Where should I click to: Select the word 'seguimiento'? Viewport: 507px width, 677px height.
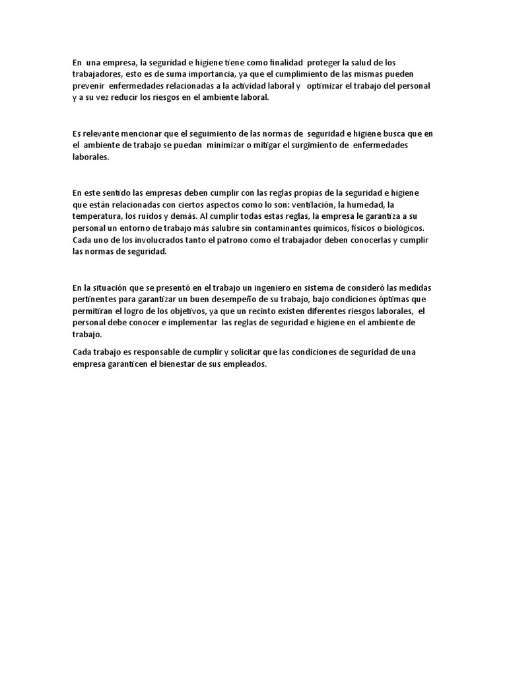tap(222, 134)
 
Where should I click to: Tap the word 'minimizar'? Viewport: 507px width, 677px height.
tap(215, 145)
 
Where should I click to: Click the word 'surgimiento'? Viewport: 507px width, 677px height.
tap(318, 145)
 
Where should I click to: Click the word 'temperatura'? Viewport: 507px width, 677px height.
tap(98, 216)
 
